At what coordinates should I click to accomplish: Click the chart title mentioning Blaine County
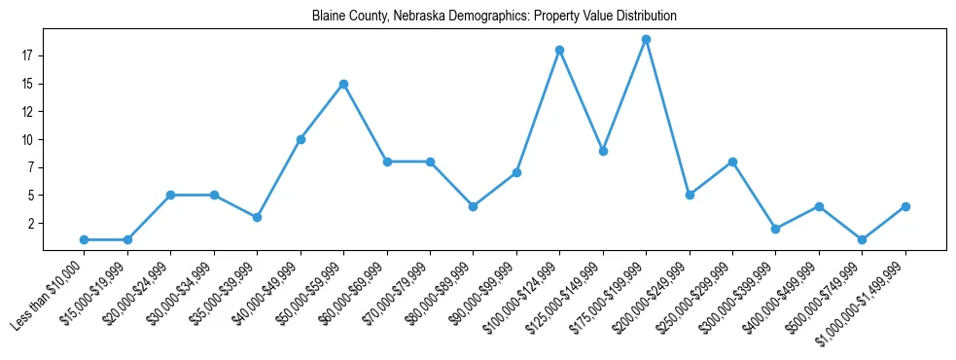[x=494, y=17]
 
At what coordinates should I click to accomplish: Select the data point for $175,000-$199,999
[x=646, y=40]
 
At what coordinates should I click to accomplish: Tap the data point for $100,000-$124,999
[x=559, y=51]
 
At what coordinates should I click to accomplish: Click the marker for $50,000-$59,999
[x=343, y=84]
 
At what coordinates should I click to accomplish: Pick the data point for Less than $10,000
[x=85, y=239]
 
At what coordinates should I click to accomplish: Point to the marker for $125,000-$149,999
[x=603, y=151]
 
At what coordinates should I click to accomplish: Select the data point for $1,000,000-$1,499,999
[x=905, y=206]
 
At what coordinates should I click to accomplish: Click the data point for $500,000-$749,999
[x=862, y=239]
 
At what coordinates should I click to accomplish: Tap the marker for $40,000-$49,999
[x=301, y=139]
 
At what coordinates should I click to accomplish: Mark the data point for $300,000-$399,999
[x=775, y=229]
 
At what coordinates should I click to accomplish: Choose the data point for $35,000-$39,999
[x=257, y=217]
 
